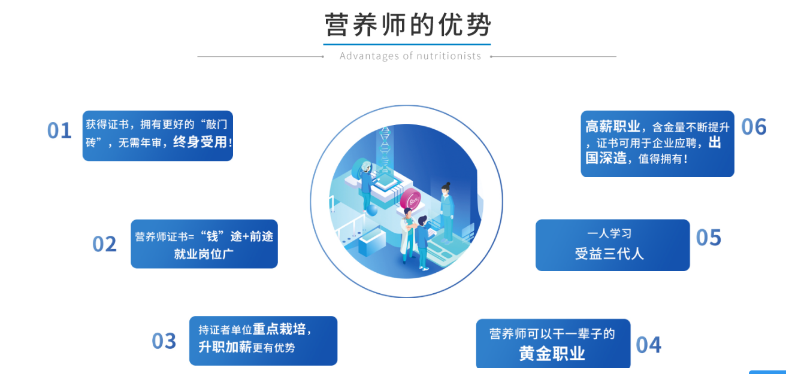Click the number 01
click(x=59, y=130)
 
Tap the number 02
click(x=104, y=244)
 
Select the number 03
click(x=164, y=340)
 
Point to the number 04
click(x=648, y=345)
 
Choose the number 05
click(x=709, y=238)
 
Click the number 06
click(x=754, y=126)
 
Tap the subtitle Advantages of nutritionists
click(x=410, y=56)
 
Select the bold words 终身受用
click(x=200, y=142)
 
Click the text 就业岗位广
click(x=204, y=254)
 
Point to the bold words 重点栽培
click(x=279, y=329)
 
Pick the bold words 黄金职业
click(x=552, y=353)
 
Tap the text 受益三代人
click(x=609, y=254)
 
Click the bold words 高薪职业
click(x=613, y=126)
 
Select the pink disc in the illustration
click(x=410, y=199)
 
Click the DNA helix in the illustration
click(x=385, y=149)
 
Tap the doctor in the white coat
click(x=408, y=235)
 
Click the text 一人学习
click(x=609, y=233)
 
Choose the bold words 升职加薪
click(x=225, y=347)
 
